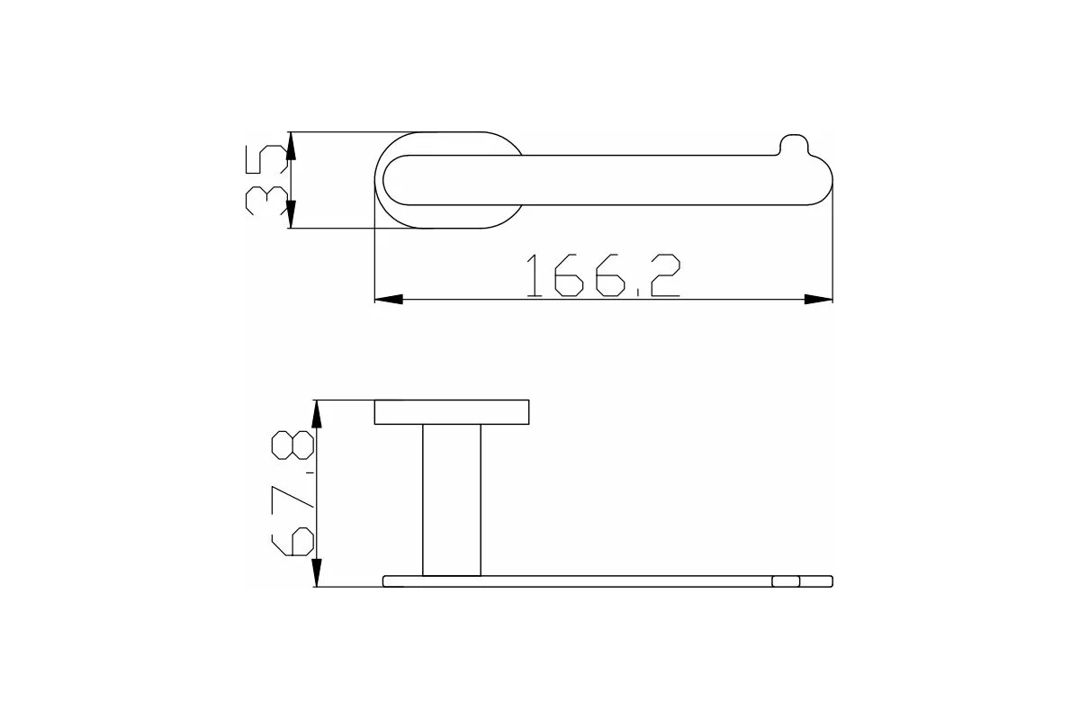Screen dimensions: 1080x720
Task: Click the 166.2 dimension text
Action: (x=603, y=274)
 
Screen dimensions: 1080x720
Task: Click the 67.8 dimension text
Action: (x=292, y=493)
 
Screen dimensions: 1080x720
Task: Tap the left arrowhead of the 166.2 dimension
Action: (x=389, y=300)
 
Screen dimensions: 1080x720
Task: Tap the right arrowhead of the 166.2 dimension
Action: (x=819, y=300)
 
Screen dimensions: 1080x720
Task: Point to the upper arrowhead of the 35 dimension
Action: (x=290, y=146)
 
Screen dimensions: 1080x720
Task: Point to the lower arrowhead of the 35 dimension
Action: (x=290, y=214)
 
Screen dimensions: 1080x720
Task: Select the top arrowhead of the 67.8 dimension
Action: (x=316, y=414)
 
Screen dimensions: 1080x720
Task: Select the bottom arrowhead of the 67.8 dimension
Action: (x=316, y=572)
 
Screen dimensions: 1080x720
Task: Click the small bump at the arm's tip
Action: (x=794, y=144)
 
